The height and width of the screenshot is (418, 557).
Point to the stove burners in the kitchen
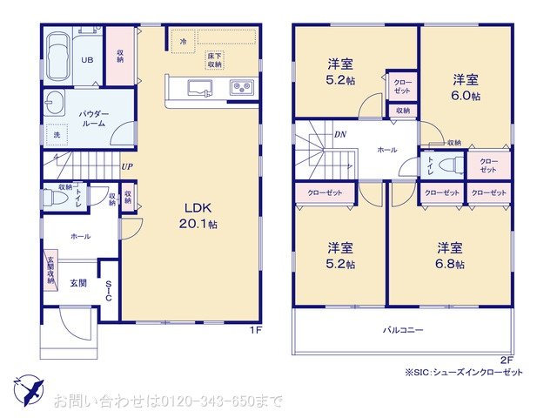(x=240, y=87)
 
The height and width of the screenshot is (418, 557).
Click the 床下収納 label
(x=214, y=60)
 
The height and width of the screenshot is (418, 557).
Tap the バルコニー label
(x=402, y=331)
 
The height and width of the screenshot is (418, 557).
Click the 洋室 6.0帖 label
(x=465, y=87)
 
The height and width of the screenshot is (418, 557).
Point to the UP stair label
(x=127, y=166)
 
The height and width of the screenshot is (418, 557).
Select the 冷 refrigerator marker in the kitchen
(x=183, y=41)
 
